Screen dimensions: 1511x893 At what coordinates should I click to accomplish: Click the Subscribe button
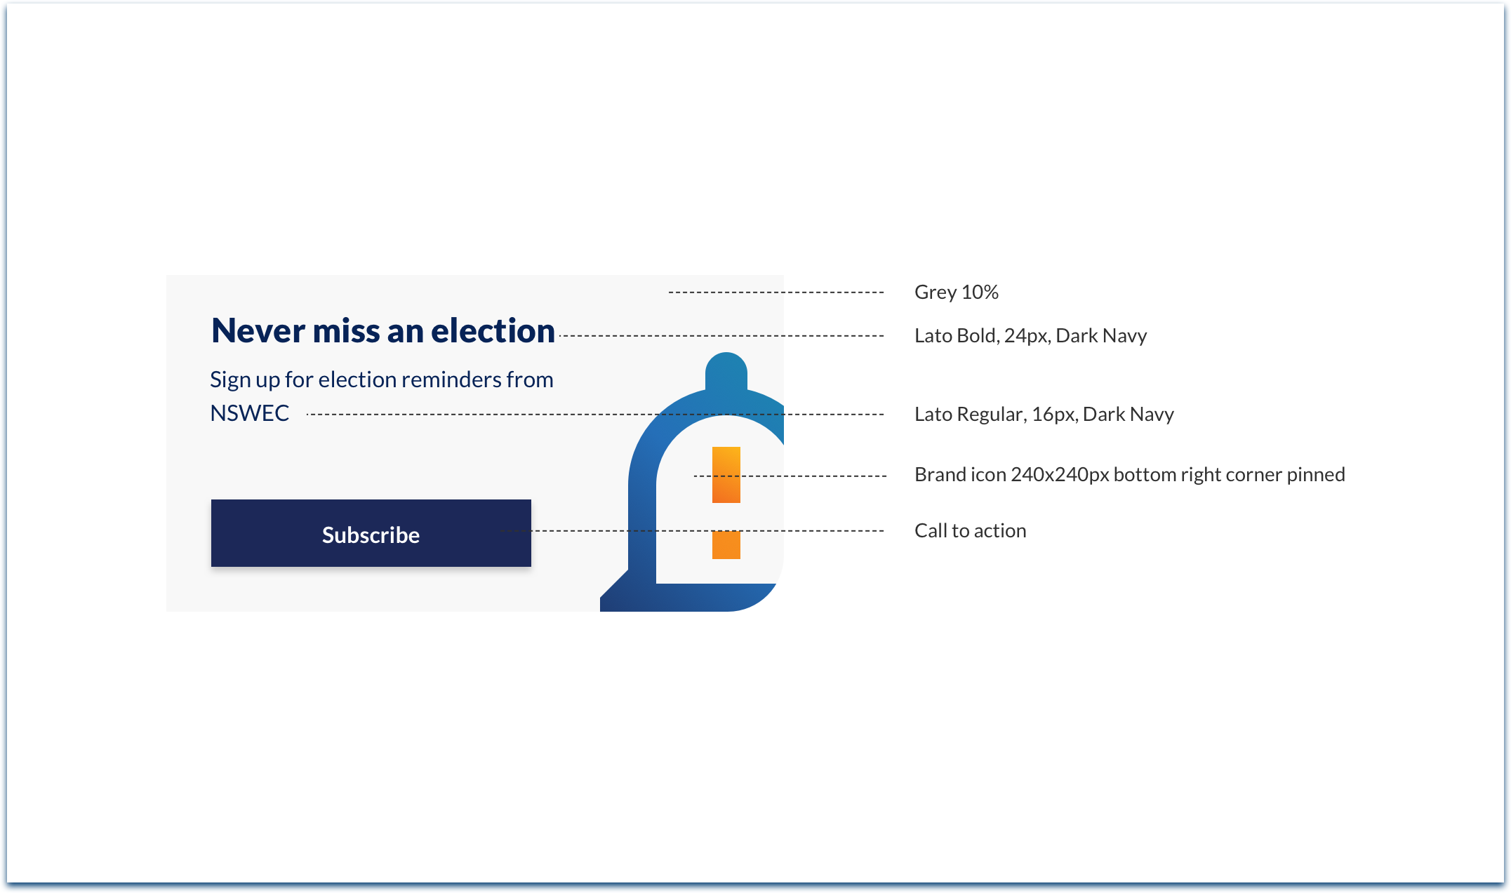click(371, 533)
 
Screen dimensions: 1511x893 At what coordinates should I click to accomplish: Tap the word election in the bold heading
click(493, 331)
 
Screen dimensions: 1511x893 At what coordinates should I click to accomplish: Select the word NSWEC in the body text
click(250, 413)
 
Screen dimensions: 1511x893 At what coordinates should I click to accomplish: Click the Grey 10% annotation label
click(957, 292)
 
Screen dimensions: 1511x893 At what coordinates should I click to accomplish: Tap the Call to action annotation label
click(971, 530)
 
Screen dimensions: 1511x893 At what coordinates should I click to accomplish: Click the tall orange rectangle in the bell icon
click(726, 475)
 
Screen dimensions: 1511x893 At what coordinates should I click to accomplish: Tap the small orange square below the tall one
click(726, 545)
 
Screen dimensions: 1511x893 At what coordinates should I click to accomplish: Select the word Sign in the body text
click(229, 380)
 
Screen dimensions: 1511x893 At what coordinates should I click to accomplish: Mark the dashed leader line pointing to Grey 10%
click(776, 292)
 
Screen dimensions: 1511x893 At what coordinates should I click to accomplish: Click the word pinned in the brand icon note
click(1316, 475)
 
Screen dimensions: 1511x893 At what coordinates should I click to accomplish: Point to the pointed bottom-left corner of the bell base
click(601, 610)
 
